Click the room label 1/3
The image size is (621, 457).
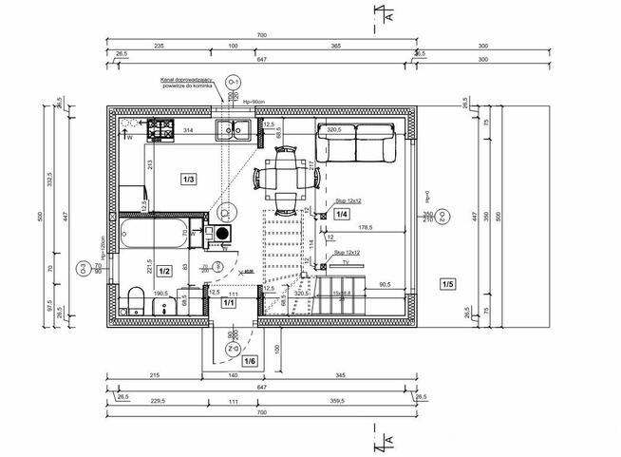pyautogui.click(x=189, y=179)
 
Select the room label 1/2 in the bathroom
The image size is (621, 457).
pyautogui.click(x=163, y=271)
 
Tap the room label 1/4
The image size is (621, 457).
pyautogui.click(x=341, y=215)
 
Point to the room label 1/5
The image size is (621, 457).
pyautogui.click(x=448, y=283)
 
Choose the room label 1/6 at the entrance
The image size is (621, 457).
pyautogui.click(x=250, y=361)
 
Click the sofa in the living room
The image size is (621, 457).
pyautogui.click(x=354, y=143)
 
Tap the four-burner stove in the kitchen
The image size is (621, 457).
pyautogui.click(x=158, y=130)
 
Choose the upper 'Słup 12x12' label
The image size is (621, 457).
pyautogui.click(x=348, y=201)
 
